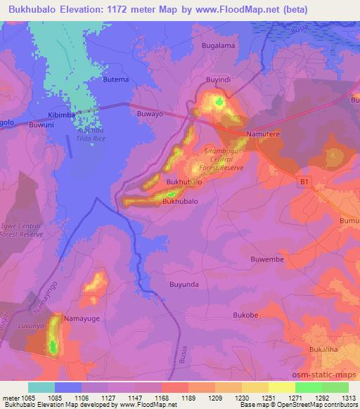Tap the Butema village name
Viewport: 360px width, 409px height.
[x=116, y=79]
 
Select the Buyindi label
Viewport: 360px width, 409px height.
[x=217, y=79]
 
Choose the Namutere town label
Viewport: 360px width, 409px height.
[x=263, y=133]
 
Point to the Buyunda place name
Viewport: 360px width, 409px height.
[x=184, y=285]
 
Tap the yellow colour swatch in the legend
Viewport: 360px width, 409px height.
[x=281, y=387]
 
